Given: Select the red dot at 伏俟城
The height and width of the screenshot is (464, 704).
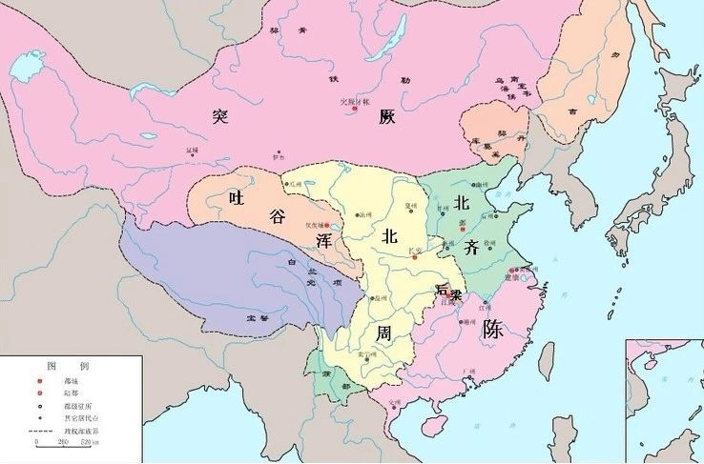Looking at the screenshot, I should point(326,225).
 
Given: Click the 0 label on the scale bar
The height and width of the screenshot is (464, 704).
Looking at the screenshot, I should point(36,443).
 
